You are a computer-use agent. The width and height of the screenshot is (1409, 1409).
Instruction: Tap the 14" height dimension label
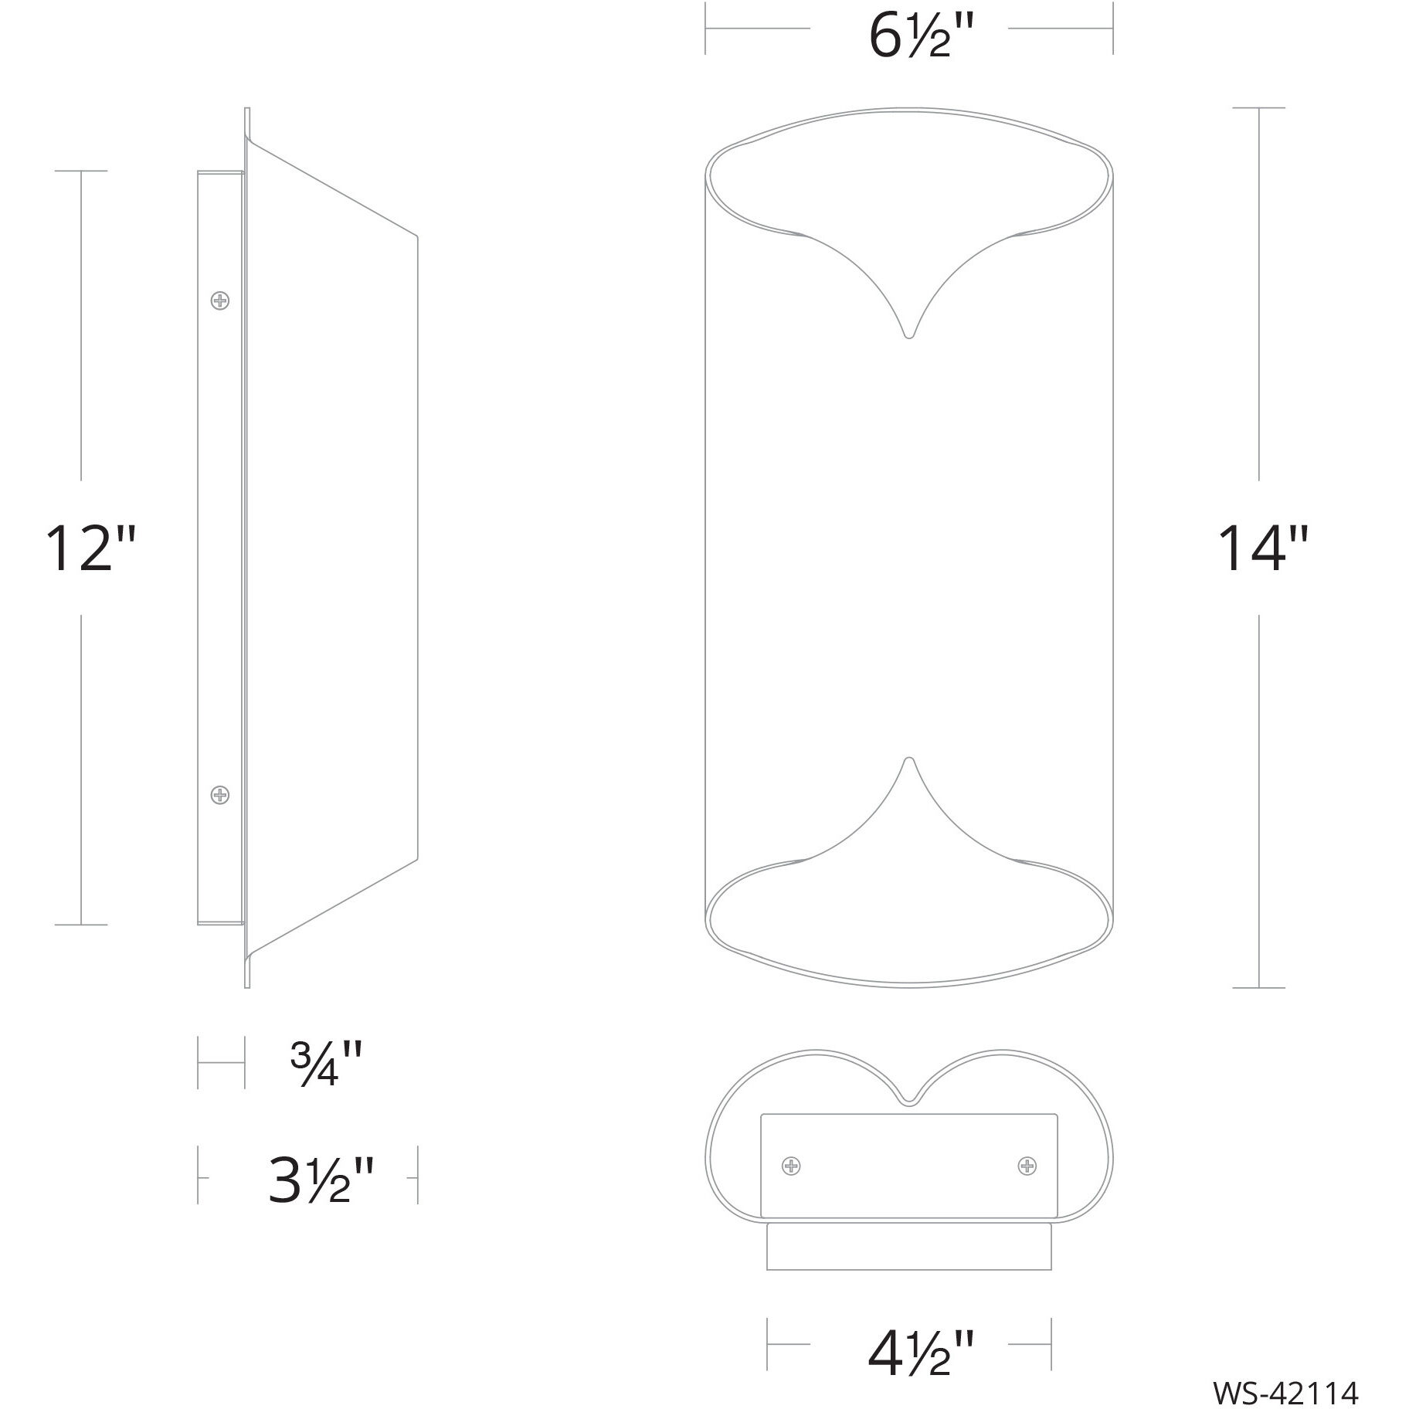coord(1263,548)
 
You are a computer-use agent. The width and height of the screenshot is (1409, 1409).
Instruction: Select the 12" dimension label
coord(90,548)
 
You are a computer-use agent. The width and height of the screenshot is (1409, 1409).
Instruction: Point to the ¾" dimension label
coord(325,1063)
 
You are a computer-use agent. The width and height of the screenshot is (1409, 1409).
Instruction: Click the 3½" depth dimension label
coord(321,1179)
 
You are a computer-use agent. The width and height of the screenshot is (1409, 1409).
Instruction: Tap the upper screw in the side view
coord(220,300)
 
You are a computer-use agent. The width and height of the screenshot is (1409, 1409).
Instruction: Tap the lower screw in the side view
coord(220,794)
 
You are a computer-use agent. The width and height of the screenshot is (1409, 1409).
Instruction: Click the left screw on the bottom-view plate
coord(791,1166)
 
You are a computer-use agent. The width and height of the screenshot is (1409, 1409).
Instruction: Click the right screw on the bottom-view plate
coord(1027,1166)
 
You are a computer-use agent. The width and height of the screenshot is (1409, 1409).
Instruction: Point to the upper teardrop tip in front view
coord(909,335)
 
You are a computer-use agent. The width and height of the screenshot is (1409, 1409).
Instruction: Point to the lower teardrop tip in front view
coord(909,759)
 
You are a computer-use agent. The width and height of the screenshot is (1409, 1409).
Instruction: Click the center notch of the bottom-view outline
coord(909,1100)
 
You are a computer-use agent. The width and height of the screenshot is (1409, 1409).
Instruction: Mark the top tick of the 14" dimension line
coord(1259,108)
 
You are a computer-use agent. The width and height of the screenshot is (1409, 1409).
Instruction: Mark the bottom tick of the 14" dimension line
coord(1259,987)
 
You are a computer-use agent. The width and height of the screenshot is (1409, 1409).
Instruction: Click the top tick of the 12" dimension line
coord(81,171)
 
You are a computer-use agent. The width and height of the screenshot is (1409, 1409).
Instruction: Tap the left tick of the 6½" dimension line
coord(705,29)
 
